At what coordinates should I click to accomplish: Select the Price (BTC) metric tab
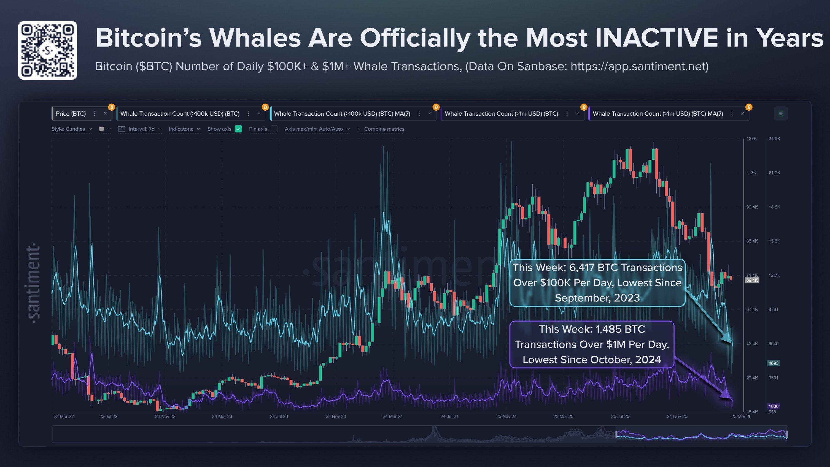(x=71, y=114)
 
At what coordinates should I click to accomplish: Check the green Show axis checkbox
(x=238, y=129)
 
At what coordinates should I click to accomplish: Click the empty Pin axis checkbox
(x=274, y=129)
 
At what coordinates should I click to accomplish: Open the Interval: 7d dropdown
(x=141, y=129)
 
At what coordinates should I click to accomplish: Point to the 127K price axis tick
(x=751, y=139)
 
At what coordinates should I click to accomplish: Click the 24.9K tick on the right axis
(x=774, y=139)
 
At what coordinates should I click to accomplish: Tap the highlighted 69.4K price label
(x=752, y=281)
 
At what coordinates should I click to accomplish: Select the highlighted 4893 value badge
(x=773, y=363)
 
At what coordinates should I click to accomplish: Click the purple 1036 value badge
(x=773, y=406)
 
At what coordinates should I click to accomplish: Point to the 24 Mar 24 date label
(x=392, y=416)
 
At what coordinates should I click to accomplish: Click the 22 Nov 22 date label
(x=165, y=416)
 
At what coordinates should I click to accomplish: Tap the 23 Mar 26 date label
(x=741, y=416)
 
